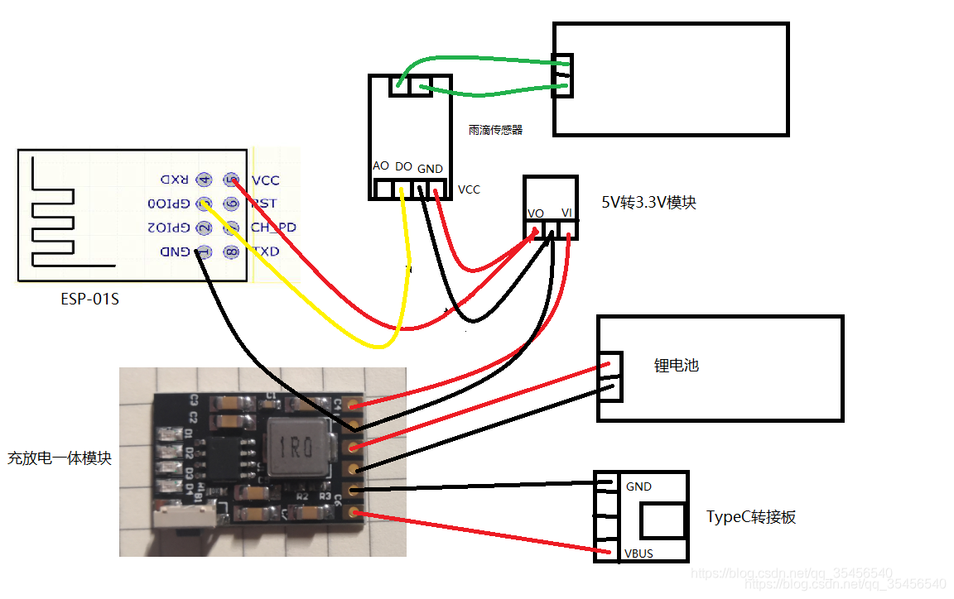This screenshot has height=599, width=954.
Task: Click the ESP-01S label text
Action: [x=89, y=299]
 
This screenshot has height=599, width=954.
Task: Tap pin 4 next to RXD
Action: [x=205, y=180]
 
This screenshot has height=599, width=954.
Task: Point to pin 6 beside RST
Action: [x=232, y=204]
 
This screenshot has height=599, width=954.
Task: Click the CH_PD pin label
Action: [x=273, y=228]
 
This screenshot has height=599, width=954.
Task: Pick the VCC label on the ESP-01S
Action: [x=266, y=180]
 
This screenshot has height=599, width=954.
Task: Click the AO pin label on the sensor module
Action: [x=381, y=165]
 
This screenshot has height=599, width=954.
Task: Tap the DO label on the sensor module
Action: [x=404, y=166]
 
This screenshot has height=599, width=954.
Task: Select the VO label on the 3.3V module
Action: [x=536, y=213]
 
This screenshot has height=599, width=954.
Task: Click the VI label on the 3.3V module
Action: [x=566, y=213]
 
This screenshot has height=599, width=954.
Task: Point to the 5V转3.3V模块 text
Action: [x=648, y=202]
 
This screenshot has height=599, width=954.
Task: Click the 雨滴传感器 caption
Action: [x=495, y=130]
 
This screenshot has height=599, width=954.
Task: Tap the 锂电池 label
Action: [x=677, y=365]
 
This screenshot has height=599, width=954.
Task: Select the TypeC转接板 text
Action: [x=751, y=516]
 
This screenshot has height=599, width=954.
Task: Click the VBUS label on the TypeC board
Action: [x=638, y=553]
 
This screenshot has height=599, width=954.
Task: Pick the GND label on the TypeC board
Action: [x=638, y=486]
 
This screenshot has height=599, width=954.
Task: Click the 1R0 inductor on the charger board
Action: [x=295, y=447]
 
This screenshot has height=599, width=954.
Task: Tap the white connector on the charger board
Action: [x=186, y=519]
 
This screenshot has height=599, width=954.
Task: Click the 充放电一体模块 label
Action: [x=60, y=458]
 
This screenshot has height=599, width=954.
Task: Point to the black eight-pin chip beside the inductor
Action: [x=226, y=458]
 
